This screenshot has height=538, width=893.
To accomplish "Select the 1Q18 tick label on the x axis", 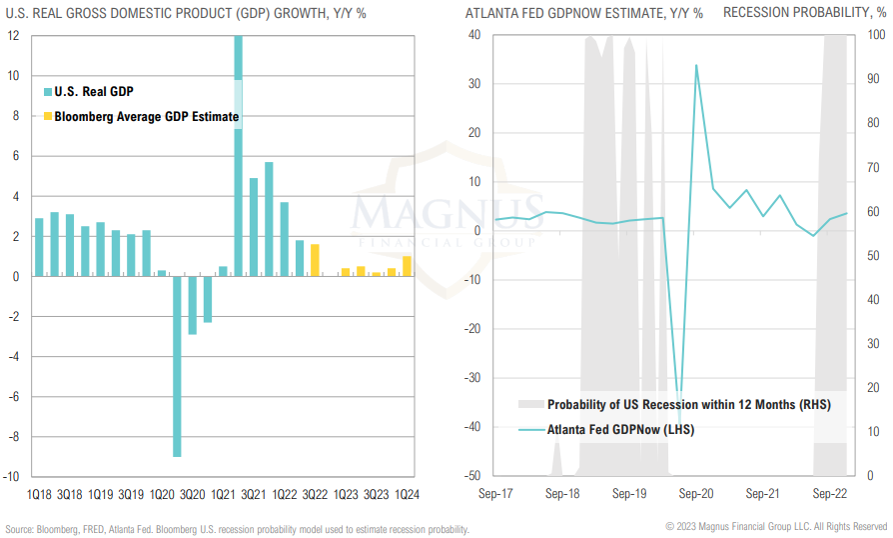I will pyautogui.click(x=40, y=494).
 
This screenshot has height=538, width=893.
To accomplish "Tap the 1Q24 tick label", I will pyautogui.click(x=407, y=494).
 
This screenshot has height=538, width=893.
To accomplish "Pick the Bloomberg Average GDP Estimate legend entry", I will pyautogui.click(x=146, y=117).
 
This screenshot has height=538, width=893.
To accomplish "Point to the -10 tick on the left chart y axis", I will pyautogui.click(x=13, y=477).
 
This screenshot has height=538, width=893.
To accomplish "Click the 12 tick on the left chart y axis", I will pyautogui.click(x=13, y=35).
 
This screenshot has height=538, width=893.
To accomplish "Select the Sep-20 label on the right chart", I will pyautogui.click(x=696, y=494).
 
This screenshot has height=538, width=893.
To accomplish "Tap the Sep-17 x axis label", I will pyautogui.click(x=496, y=494).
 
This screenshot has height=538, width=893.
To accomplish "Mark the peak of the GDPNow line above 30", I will pyautogui.click(x=696, y=66).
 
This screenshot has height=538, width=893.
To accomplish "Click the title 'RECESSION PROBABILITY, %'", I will pyautogui.click(x=804, y=13).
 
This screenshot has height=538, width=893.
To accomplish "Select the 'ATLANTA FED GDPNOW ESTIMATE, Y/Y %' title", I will pyautogui.click(x=583, y=13).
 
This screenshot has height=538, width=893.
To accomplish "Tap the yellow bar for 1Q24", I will pyautogui.click(x=407, y=266).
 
